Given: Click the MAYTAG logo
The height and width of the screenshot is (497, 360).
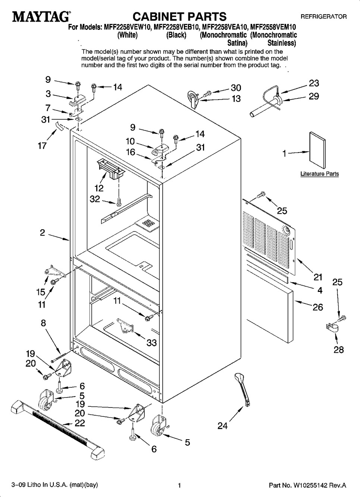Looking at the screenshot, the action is (41, 17).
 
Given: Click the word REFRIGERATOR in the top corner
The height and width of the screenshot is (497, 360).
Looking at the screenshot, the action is (323, 17).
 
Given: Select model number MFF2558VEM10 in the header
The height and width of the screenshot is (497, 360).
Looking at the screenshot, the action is (273, 27).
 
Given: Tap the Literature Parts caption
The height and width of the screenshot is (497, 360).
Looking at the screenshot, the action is (320, 174).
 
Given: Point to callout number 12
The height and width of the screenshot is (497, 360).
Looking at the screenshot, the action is (99, 188).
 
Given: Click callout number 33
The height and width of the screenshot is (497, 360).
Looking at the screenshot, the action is (151, 343).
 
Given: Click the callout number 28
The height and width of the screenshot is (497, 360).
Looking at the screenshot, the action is (339, 350).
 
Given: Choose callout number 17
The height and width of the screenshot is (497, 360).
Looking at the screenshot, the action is (42, 146).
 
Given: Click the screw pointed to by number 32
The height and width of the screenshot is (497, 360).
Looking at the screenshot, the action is (119, 201).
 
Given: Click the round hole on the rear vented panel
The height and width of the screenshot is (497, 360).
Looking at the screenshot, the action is (285, 230).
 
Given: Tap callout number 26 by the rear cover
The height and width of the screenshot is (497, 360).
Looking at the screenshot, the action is (317, 307).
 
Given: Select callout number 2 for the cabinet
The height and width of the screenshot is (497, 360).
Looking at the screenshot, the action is (43, 233).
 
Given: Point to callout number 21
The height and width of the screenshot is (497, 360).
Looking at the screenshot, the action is (317, 277).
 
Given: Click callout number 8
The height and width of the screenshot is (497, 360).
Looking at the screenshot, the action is (43, 323).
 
